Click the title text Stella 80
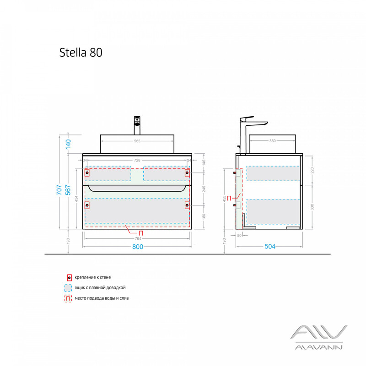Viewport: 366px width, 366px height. pyautogui.click(x=81, y=52)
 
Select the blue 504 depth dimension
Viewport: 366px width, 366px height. pyautogui.click(x=270, y=247)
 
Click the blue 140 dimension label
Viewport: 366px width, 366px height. pyautogui.click(x=68, y=144)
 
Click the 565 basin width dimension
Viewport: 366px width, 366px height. pyautogui.click(x=137, y=141)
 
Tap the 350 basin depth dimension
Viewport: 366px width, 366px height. pyautogui.click(x=272, y=141)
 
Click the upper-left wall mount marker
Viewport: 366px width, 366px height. pyautogui.click(x=87, y=172)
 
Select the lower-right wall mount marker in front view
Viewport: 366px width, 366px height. pyautogui.click(x=187, y=205)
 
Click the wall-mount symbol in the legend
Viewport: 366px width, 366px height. pyautogui.click(x=69, y=277)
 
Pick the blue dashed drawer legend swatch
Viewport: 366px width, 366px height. pyautogui.click(x=69, y=288)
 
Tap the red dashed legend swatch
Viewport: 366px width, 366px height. pyautogui.click(x=69, y=298)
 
